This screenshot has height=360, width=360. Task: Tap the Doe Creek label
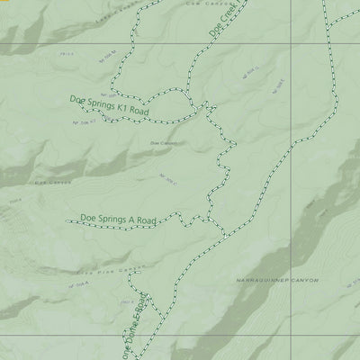point(220,20)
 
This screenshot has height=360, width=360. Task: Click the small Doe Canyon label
point(163,142)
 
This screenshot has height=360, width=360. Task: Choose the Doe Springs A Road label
point(118,218)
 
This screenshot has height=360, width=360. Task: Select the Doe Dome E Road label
point(138,325)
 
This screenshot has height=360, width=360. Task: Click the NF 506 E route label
point(278,87)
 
